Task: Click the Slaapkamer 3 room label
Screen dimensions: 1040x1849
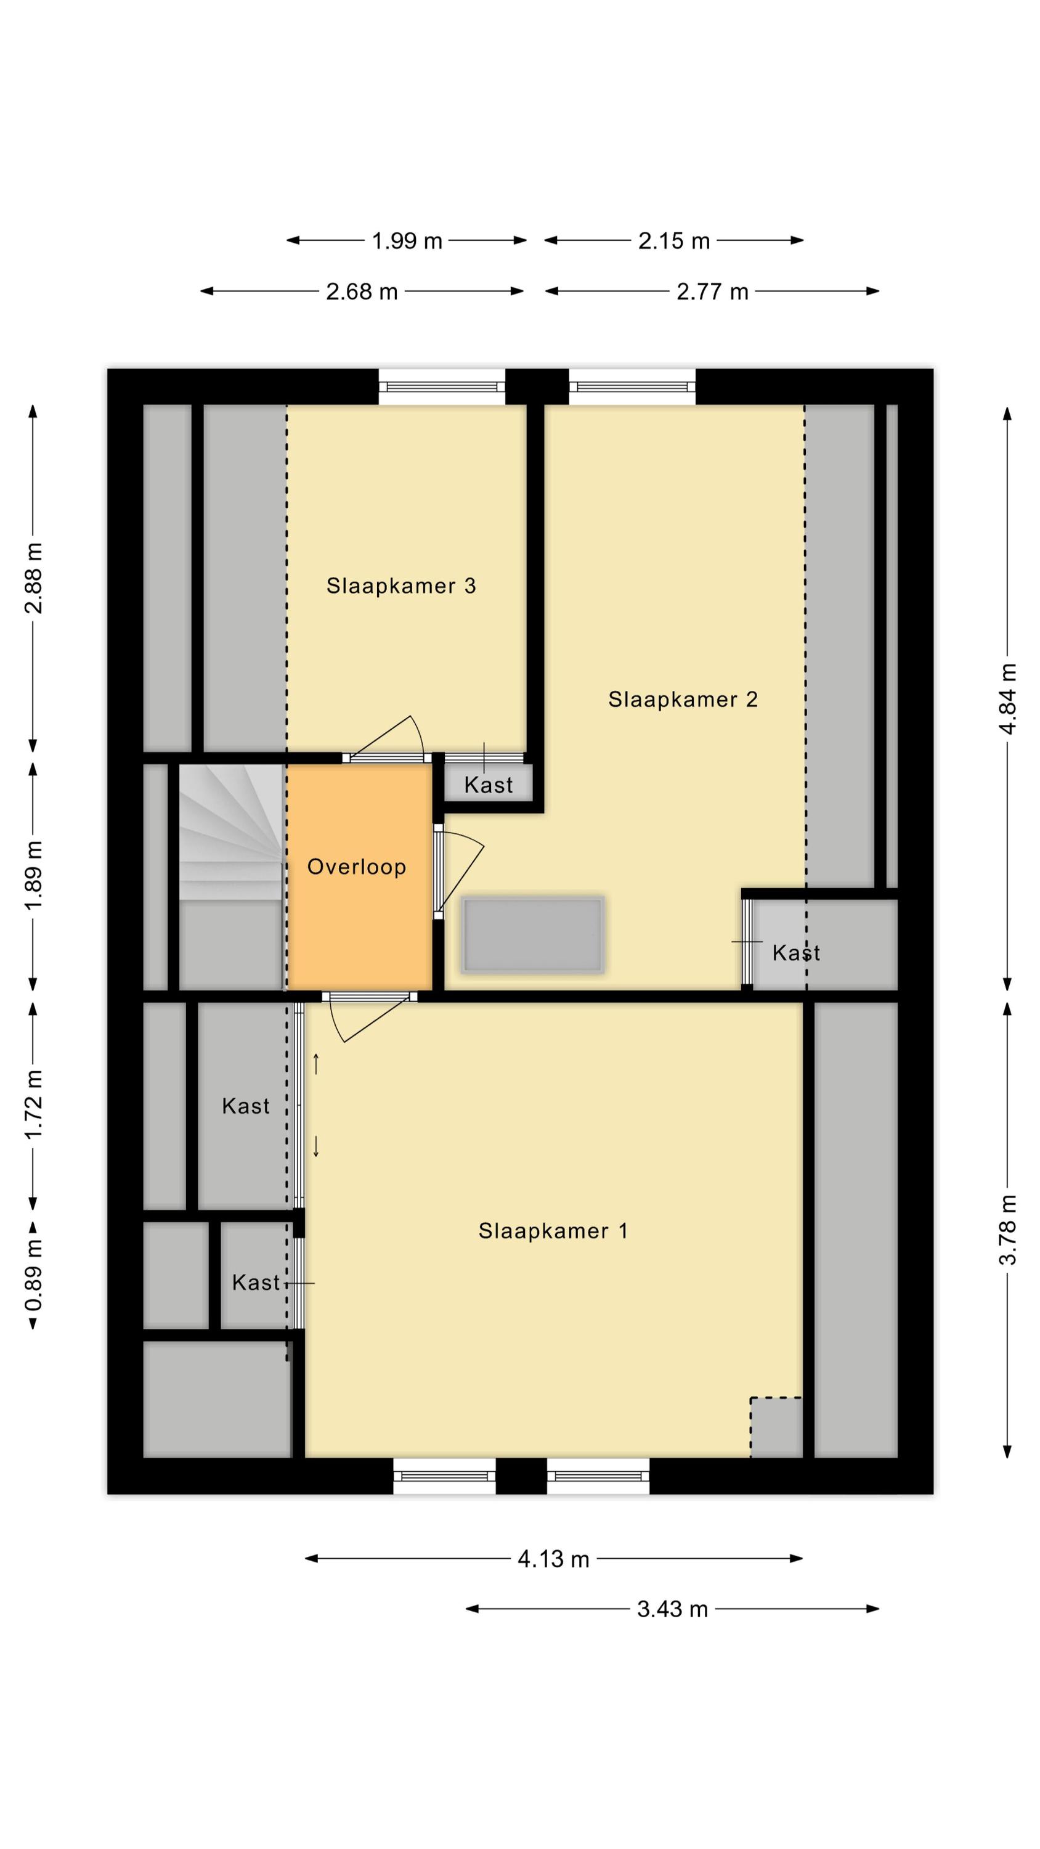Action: (x=401, y=586)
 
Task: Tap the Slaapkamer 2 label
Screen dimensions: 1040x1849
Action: (x=683, y=699)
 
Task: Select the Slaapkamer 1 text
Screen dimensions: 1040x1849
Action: (x=553, y=1231)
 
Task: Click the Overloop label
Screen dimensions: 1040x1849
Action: (x=357, y=867)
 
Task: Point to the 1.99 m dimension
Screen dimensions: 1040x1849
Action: (x=407, y=240)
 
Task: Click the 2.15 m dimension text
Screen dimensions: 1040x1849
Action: (x=674, y=240)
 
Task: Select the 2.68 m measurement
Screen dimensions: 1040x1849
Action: (x=362, y=292)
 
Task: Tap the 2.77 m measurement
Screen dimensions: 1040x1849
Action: (x=713, y=292)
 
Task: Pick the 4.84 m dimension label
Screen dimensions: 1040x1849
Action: (x=1008, y=698)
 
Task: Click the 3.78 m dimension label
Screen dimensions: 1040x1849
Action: (x=1008, y=1230)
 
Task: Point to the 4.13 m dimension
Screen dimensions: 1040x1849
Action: (x=553, y=1559)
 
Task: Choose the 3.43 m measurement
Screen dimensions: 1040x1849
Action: (x=673, y=1609)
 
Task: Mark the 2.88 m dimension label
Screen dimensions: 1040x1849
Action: (x=33, y=579)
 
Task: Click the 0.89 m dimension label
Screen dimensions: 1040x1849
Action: (x=33, y=1274)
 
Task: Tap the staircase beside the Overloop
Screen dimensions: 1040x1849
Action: (x=230, y=833)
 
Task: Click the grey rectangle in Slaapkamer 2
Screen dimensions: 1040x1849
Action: (x=532, y=935)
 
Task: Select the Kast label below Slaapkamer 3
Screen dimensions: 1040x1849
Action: (x=489, y=785)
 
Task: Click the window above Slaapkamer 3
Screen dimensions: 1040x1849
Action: (x=442, y=387)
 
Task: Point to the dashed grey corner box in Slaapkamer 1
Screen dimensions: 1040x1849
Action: (x=776, y=1427)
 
